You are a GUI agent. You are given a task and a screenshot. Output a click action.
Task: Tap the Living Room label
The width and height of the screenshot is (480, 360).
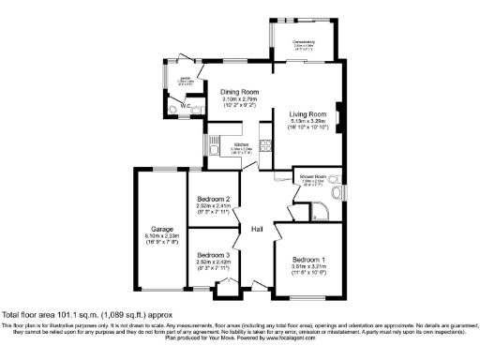pyautogui.click(x=307, y=112)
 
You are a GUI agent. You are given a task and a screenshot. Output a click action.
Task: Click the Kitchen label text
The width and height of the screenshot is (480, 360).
pyautogui.click(x=229, y=143)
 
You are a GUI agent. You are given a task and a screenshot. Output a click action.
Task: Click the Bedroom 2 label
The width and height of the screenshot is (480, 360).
pyautogui.click(x=214, y=199)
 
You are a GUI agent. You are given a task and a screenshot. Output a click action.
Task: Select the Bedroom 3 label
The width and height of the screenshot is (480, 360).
pyautogui.click(x=214, y=255)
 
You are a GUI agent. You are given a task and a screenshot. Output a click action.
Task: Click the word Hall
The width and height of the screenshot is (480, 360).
pyautogui.click(x=256, y=228)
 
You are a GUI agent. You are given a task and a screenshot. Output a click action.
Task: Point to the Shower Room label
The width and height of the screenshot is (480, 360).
pyautogui.click(x=312, y=175)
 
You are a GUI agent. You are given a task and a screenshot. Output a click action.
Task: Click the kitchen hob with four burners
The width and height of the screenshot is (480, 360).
pyautogui.click(x=264, y=145)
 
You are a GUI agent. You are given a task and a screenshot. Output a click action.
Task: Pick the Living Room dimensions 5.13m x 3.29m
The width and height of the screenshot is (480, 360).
pyautogui.click(x=307, y=121)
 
